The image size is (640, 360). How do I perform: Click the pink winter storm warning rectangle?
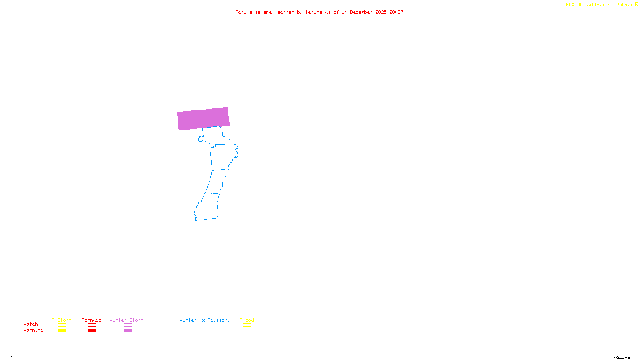203,118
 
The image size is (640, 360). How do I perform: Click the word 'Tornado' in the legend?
92,320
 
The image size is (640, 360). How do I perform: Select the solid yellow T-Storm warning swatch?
62,331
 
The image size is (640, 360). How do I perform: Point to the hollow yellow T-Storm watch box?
62,325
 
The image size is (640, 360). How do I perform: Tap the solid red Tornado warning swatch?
92,331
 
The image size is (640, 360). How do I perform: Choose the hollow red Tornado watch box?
92,325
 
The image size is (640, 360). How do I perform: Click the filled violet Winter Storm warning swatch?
128,331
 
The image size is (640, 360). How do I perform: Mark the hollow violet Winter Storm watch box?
128,325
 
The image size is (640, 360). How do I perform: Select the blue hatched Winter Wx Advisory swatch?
204,331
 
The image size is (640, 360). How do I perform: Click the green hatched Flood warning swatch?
247,331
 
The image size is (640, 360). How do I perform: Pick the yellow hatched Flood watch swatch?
247,325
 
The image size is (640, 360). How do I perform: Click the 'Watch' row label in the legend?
31,324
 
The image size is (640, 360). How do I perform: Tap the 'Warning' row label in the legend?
33,330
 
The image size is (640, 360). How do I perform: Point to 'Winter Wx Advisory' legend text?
205,320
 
